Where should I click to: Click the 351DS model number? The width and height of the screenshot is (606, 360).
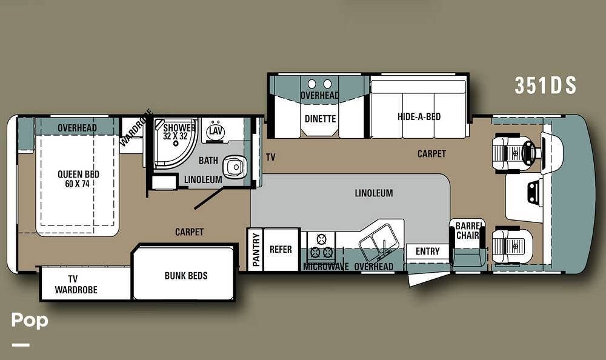tap(545, 85)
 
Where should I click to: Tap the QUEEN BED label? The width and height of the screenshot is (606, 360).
tap(78, 175)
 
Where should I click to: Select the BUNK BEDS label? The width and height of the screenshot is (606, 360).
tap(186, 276)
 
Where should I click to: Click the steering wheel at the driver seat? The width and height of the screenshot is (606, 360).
tap(528, 150)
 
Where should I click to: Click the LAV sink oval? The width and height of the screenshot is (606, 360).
tap(216, 131)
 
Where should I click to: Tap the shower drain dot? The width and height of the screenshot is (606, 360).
tap(176, 144)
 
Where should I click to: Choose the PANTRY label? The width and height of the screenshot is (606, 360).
tap(256, 250)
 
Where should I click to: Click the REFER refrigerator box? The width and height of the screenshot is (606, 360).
tap(281, 250)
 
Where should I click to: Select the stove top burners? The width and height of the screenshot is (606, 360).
tap(321, 246)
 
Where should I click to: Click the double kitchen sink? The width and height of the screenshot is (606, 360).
tap(377, 242)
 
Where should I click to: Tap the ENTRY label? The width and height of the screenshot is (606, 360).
tap(427, 252)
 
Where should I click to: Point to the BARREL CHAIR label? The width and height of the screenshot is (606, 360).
tap(468, 230)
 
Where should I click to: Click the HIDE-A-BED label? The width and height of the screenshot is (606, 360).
tap(419, 116)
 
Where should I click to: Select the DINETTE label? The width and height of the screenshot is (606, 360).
tap(320, 119)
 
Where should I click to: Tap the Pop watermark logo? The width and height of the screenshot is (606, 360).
tap(30, 321)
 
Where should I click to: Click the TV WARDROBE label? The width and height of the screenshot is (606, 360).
tap(76, 284)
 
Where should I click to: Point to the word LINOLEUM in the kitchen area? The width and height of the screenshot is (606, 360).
tap(374, 193)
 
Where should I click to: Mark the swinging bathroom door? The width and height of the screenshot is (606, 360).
tap(209, 198)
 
